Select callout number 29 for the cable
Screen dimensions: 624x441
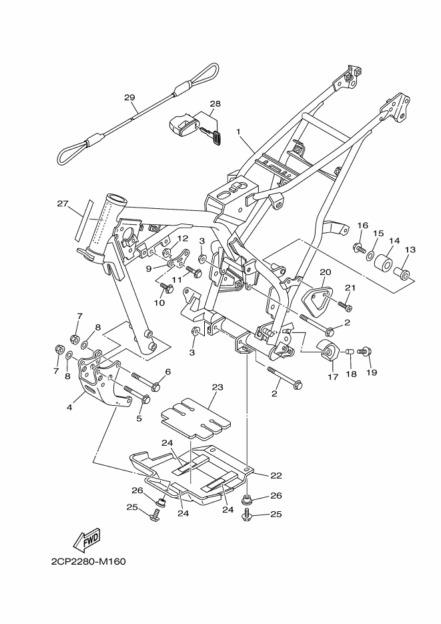coord(129,97)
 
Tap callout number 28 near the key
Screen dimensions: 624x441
coord(215,104)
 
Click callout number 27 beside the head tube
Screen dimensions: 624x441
coord(63,205)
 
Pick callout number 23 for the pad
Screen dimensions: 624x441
coord(217,386)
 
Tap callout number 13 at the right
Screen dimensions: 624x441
coord(409,250)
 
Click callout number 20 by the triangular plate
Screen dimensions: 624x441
coord(325,272)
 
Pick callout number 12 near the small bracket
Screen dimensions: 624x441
coord(183,238)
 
